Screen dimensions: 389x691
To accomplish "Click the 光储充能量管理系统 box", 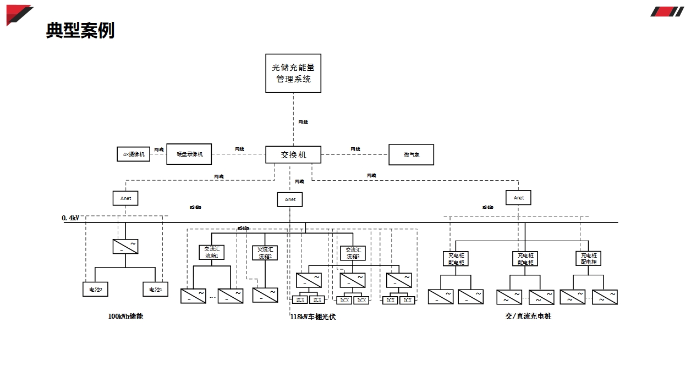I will pos(293,73).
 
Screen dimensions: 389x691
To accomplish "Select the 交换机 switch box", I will pos(293,154).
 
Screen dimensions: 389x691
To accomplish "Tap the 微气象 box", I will pos(412,154).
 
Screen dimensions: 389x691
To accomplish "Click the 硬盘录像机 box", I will pos(189,154).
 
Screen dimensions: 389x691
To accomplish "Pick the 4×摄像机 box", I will pos(133,154).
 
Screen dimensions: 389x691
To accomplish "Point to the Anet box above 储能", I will pos(125,198).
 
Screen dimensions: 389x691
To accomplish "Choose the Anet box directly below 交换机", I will pos(290,199).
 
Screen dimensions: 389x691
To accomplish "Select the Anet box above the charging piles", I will pos(518,198).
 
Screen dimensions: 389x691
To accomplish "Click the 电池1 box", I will pos(155,289).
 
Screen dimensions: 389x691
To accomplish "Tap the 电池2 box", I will pos(95,289).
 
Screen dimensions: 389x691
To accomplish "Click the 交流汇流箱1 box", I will pos(211,252).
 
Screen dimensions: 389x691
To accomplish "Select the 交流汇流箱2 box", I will pos(265,253).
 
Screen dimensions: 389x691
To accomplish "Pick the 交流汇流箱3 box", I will pos(353,253).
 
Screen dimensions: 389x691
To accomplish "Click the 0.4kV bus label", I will pos(70,218).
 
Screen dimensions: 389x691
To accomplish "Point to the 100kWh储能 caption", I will pos(125,316).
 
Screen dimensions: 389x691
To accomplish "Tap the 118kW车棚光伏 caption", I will pos(312,317).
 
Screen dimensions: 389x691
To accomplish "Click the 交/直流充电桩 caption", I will pos(528,316).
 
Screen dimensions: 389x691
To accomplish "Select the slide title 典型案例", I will pos(80,30).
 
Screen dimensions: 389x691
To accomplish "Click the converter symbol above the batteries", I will pos(125,246).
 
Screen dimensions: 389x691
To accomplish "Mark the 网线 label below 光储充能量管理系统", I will pos(303,122).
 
